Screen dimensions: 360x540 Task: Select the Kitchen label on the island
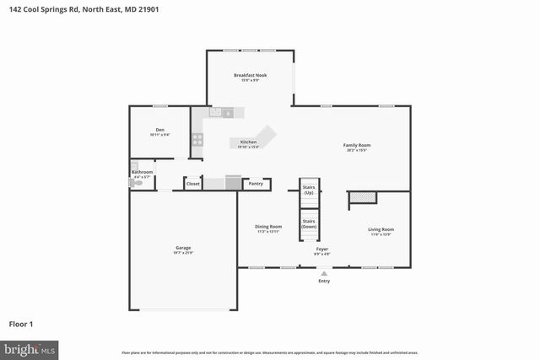click(x=248, y=142)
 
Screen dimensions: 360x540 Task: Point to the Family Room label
click(x=357, y=145)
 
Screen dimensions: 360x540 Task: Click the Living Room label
click(x=381, y=229)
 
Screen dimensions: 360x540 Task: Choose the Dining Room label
click(x=269, y=226)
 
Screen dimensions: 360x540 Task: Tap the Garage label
click(x=183, y=248)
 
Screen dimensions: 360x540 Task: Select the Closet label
click(x=193, y=183)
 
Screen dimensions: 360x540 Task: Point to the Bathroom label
click(x=142, y=172)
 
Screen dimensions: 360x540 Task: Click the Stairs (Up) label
click(x=309, y=190)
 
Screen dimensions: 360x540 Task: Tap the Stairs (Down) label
click(x=309, y=223)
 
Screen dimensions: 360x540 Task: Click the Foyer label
click(x=322, y=250)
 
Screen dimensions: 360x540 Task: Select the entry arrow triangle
click(x=324, y=273)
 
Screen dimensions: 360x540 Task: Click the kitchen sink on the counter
click(x=227, y=112)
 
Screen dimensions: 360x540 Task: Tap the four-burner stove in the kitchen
click(x=197, y=141)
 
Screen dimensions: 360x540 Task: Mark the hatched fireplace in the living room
click(x=362, y=196)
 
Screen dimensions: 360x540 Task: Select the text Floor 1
click(x=22, y=323)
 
